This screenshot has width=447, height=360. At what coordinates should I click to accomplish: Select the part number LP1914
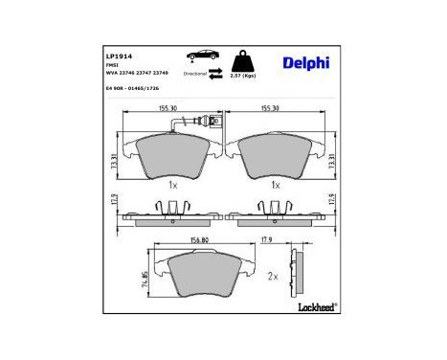pyautogui.click(x=118, y=57)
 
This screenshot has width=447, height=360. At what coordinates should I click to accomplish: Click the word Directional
pyautogui.click(x=194, y=73)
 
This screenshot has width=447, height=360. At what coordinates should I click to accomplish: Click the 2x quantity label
pyautogui.click(x=273, y=277)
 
